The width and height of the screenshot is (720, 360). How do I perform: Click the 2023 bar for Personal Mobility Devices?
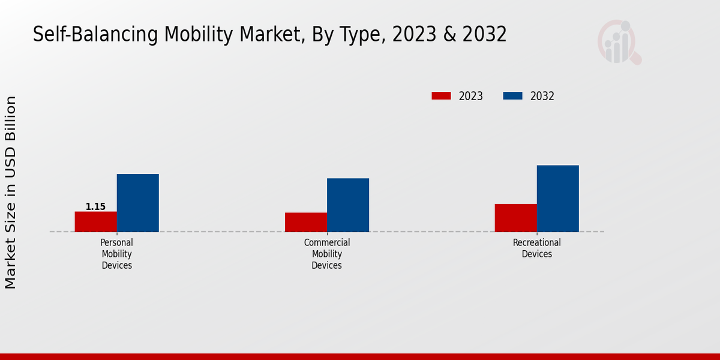(95, 221)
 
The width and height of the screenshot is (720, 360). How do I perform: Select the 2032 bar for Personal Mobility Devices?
(137, 203)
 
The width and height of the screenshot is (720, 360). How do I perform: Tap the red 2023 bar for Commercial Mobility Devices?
(306, 222)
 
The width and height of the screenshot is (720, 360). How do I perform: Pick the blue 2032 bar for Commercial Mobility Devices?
(348, 205)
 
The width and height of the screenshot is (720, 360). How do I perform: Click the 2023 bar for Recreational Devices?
(515, 218)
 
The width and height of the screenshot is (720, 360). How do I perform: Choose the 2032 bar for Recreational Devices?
(557, 199)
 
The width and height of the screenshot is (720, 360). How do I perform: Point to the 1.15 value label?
(95, 207)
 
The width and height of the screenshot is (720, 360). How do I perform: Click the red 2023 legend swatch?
(441, 96)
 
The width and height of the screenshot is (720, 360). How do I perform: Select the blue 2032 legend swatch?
(512, 96)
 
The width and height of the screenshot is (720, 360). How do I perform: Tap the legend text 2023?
(471, 96)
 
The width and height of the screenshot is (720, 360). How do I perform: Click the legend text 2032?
(542, 96)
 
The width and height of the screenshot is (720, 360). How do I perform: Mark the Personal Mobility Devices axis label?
(116, 254)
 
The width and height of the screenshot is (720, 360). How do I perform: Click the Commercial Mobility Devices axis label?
(327, 254)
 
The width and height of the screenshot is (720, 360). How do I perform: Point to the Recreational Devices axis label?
(537, 248)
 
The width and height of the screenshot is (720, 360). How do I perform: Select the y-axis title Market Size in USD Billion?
(11, 192)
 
